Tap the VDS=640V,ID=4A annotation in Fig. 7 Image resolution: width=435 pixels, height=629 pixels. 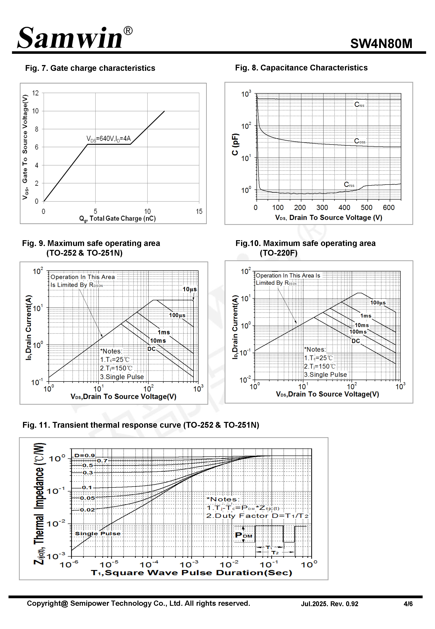pyautogui.click(x=108, y=139)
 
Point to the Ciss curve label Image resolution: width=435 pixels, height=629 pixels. pyautogui.click(x=359, y=105)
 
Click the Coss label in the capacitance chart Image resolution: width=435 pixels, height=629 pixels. pyautogui.click(x=359, y=141)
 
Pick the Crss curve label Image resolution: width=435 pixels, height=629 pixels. pyautogui.click(x=349, y=185)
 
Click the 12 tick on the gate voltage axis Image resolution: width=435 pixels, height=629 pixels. pyautogui.click(x=35, y=93)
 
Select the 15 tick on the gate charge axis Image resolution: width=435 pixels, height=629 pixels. pyautogui.click(x=199, y=211)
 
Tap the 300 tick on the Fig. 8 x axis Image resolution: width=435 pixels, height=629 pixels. pyautogui.click(x=322, y=208)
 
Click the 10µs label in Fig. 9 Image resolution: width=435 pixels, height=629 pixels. pyautogui.click(x=189, y=289)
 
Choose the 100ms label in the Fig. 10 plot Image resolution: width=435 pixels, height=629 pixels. pyautogui.click(x=358, y=332)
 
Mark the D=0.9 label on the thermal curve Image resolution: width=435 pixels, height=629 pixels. pyautogui.click(x=84, y=455)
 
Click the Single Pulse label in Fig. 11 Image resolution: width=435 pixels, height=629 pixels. pyautogui.click(x=98, y=534)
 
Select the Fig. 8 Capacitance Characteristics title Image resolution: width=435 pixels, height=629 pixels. pyautogui.click(x=301, y=68)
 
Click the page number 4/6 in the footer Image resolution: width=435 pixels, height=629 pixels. pyautogui.click(x=408, y=604)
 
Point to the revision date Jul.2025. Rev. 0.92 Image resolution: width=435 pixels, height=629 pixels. pyautogui.click(x=329, y=604)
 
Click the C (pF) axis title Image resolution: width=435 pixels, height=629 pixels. pyautogui.click(x=235, y=144)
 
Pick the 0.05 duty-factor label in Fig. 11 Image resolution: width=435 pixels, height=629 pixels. pyautogui.click(x=87, y=498)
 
